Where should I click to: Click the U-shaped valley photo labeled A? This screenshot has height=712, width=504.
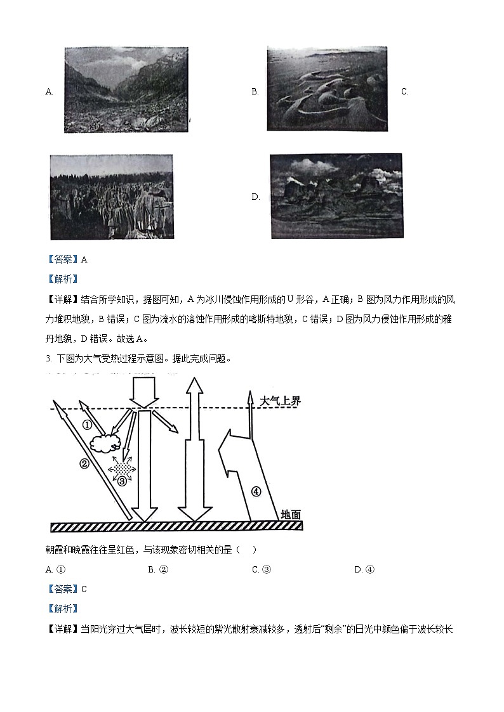click(126, 91)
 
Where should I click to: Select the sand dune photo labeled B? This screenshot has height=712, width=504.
click(327, 88)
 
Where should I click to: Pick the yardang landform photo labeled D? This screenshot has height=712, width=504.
click(336, 195)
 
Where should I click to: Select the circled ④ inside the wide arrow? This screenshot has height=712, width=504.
click(256, 491)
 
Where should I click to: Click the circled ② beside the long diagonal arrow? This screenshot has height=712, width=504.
click(84, 463)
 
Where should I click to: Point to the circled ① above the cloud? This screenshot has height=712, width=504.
click(88, 424)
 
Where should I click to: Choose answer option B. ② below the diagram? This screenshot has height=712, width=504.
click(158, 569)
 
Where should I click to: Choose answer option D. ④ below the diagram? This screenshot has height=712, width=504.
click(364, 569)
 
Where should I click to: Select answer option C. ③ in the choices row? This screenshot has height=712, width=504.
click(262, 569)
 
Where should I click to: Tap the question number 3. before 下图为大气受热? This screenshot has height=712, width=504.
click(48, 359)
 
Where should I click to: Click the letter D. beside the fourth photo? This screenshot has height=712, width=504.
click(256, 197)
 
